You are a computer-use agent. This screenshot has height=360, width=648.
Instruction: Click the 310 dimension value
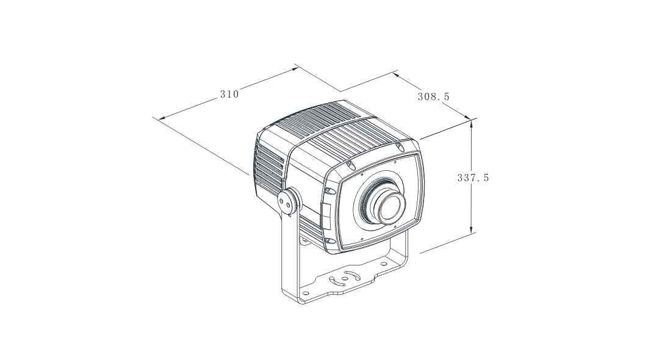tap(229, 94)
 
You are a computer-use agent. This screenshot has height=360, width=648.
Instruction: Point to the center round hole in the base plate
tap(345, 278)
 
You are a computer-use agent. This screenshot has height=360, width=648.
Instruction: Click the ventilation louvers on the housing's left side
tap(268, 168)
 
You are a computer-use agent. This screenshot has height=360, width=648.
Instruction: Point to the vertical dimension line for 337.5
tap(472, 153)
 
